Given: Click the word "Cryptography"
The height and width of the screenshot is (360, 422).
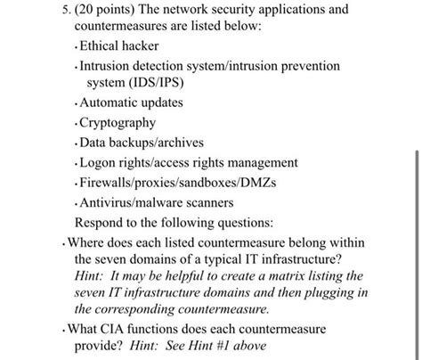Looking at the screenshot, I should click(118, 123).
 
